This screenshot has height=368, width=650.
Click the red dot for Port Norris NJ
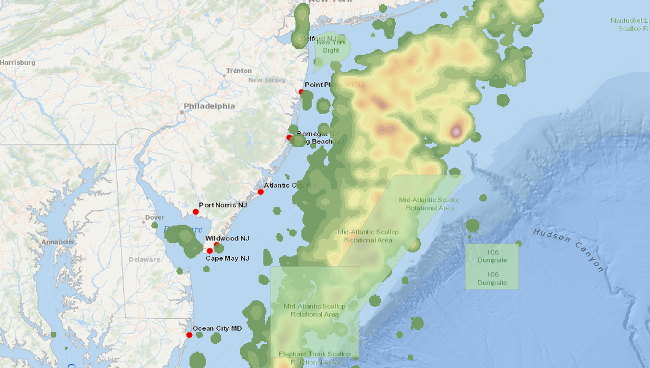pos(196,212)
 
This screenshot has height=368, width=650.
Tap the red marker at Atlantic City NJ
pos(261,192)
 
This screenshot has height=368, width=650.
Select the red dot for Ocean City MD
pos(189,335)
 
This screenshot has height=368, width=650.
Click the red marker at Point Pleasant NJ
pos(301,92)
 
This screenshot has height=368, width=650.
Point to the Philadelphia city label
pos(209,106)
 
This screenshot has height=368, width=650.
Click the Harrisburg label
pos(18,63)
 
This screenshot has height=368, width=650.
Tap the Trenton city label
pos(239,71)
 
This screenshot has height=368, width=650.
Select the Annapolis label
pos(58,242)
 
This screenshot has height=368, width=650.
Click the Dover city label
pos(155,218)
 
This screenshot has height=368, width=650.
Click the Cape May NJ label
pos(227,258)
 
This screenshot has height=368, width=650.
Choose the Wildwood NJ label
pos(227,238)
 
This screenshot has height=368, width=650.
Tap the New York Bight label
pos(331,46)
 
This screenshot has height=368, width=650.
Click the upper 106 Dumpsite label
pos(492,256)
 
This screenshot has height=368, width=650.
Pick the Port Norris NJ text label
pos(223,205)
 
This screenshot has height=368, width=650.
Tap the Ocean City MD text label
pos(217,329)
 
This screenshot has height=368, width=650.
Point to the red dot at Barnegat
pos(289,137)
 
